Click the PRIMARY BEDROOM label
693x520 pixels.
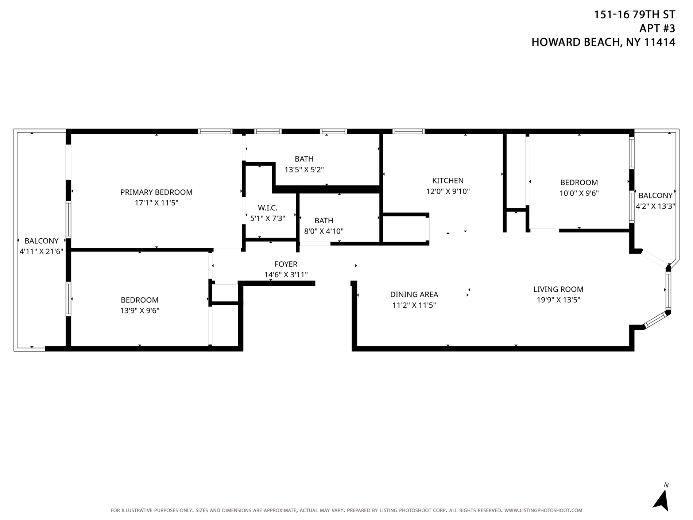tap(156, 192)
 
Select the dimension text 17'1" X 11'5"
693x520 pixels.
tap(156, 203)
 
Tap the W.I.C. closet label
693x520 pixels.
tap(267, 208)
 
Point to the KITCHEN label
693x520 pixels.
tap(448, 181)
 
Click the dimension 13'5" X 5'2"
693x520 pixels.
tap(304, 170)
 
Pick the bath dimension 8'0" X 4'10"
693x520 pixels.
tap(324, 231)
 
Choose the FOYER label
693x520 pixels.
tap(286, 264)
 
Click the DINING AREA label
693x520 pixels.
tap(414, 294)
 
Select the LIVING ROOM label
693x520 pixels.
tap(558, 289)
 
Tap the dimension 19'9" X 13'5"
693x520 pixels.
tap(558, 300)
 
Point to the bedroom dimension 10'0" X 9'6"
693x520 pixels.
tap(579, 193)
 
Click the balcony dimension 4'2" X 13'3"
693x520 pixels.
tap(655, 206)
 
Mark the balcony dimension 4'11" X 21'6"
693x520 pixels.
tap(41, 251)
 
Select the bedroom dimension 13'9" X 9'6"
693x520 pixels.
tap(140, 311)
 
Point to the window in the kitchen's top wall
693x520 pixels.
tap(409, 131)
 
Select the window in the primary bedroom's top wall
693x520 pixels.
tap(215, 131)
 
